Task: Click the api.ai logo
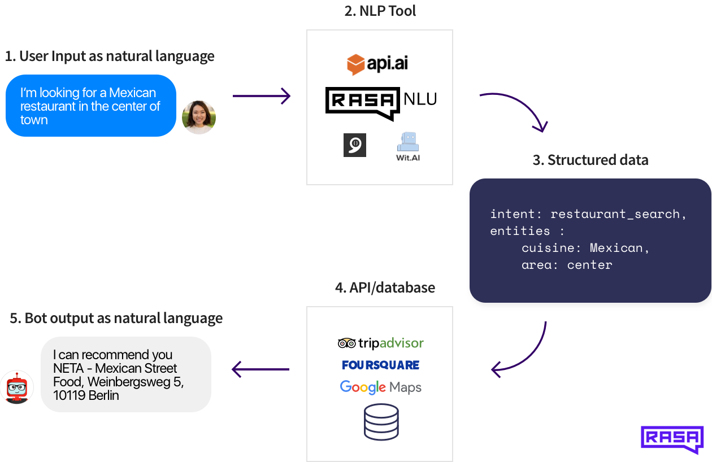click(377, 64)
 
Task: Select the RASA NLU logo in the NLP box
click(381, 102)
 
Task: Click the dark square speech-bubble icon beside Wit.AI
click(355, 145)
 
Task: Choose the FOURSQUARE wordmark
click(380, 365)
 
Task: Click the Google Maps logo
click(380, 387)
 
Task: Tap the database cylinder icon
click(381, 422)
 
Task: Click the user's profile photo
click(199, 117)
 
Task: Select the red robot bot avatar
click(17, 388)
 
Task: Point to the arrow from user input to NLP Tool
click(261, 96)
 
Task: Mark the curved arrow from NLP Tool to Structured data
click(517, 107)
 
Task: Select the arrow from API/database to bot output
click(261, 370)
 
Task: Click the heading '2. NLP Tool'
click(380, 11)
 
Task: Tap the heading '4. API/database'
click(385, 287)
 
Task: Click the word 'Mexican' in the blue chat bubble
click(132, 93)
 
